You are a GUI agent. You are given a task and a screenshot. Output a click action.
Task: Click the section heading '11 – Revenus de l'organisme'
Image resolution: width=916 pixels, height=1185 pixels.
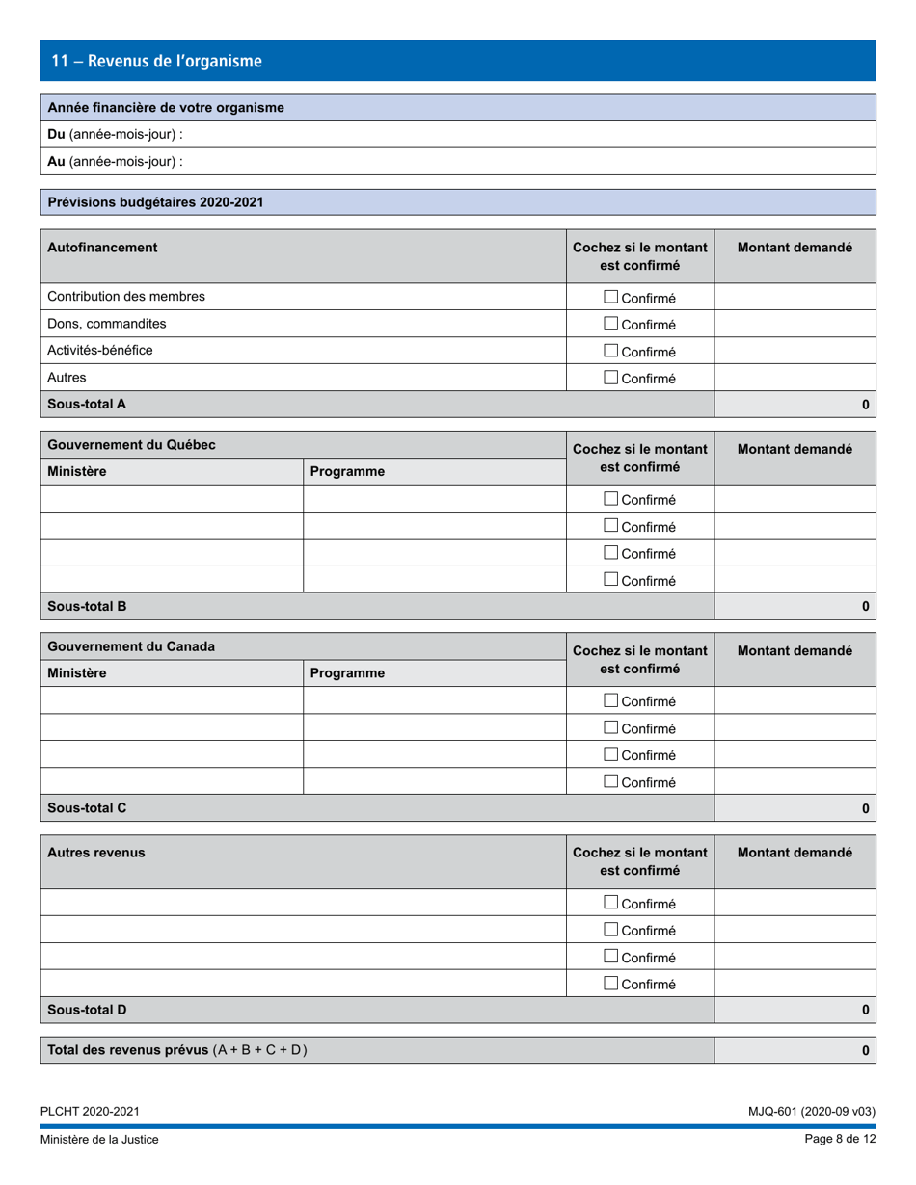click(156, 61)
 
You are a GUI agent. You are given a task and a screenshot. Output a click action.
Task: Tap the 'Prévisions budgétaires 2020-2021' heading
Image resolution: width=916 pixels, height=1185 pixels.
click(155, 202)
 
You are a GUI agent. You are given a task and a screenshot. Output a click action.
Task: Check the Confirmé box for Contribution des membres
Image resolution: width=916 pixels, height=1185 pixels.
click(610, 298)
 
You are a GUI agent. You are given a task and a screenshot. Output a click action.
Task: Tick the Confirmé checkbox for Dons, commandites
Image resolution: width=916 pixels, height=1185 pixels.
click(610, 325)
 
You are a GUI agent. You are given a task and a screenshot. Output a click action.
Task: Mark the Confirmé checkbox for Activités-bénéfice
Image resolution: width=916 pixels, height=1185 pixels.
click(610, 352)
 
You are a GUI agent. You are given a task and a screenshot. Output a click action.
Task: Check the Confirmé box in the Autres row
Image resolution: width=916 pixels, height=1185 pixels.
click(610, 379)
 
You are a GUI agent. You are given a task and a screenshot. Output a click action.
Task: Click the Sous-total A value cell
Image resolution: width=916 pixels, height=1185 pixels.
click(795, 405)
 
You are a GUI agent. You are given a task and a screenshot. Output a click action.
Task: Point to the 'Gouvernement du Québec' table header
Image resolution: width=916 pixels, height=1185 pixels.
click(131, 445)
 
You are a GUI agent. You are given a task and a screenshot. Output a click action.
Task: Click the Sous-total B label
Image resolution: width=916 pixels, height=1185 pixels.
click(88, 606)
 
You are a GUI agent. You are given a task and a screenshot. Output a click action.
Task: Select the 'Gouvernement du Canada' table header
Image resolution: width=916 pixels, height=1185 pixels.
click(131, 646)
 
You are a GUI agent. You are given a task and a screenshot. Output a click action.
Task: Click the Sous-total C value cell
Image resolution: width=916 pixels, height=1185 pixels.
click(795, 808)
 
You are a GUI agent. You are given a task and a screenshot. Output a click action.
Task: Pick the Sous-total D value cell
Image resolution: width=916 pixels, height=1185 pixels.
click(795, 1010)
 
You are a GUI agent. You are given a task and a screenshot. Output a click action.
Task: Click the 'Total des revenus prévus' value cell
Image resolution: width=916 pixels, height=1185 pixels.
click(795, 1050)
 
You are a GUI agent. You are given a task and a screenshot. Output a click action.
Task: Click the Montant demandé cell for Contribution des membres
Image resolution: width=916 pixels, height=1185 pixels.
click(795, 298)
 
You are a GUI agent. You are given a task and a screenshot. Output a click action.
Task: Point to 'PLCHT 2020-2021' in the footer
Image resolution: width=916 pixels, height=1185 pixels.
click(90, 1111)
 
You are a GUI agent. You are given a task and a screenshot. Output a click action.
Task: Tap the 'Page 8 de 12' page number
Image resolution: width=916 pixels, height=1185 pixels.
click(840, 1140)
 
